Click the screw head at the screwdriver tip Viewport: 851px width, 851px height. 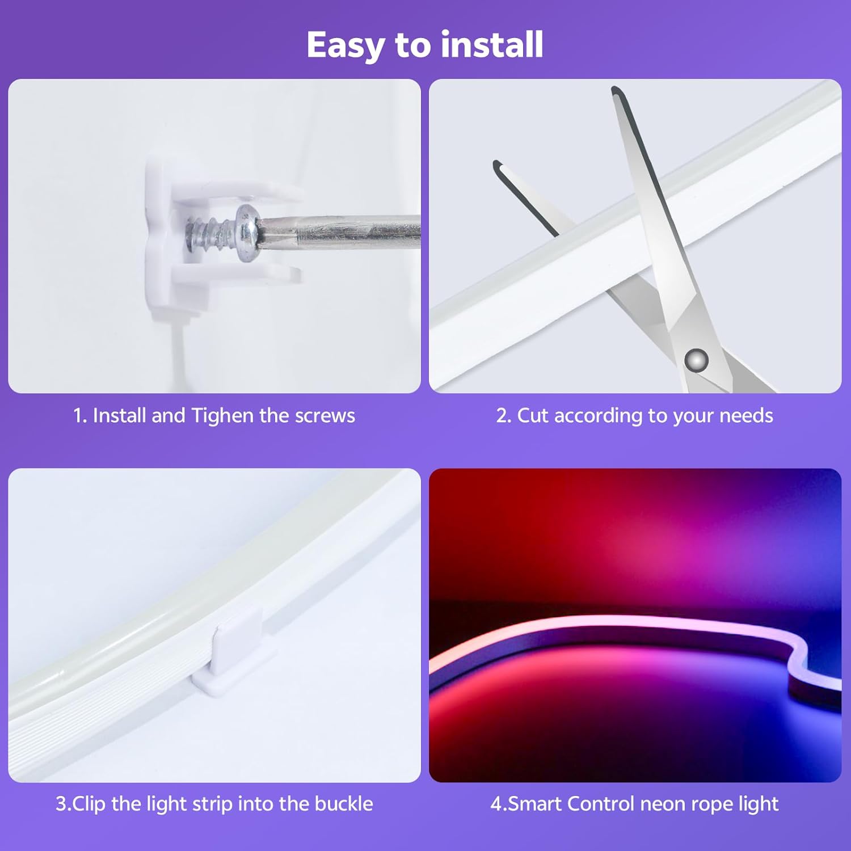247,233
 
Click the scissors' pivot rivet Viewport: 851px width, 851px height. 696,360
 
